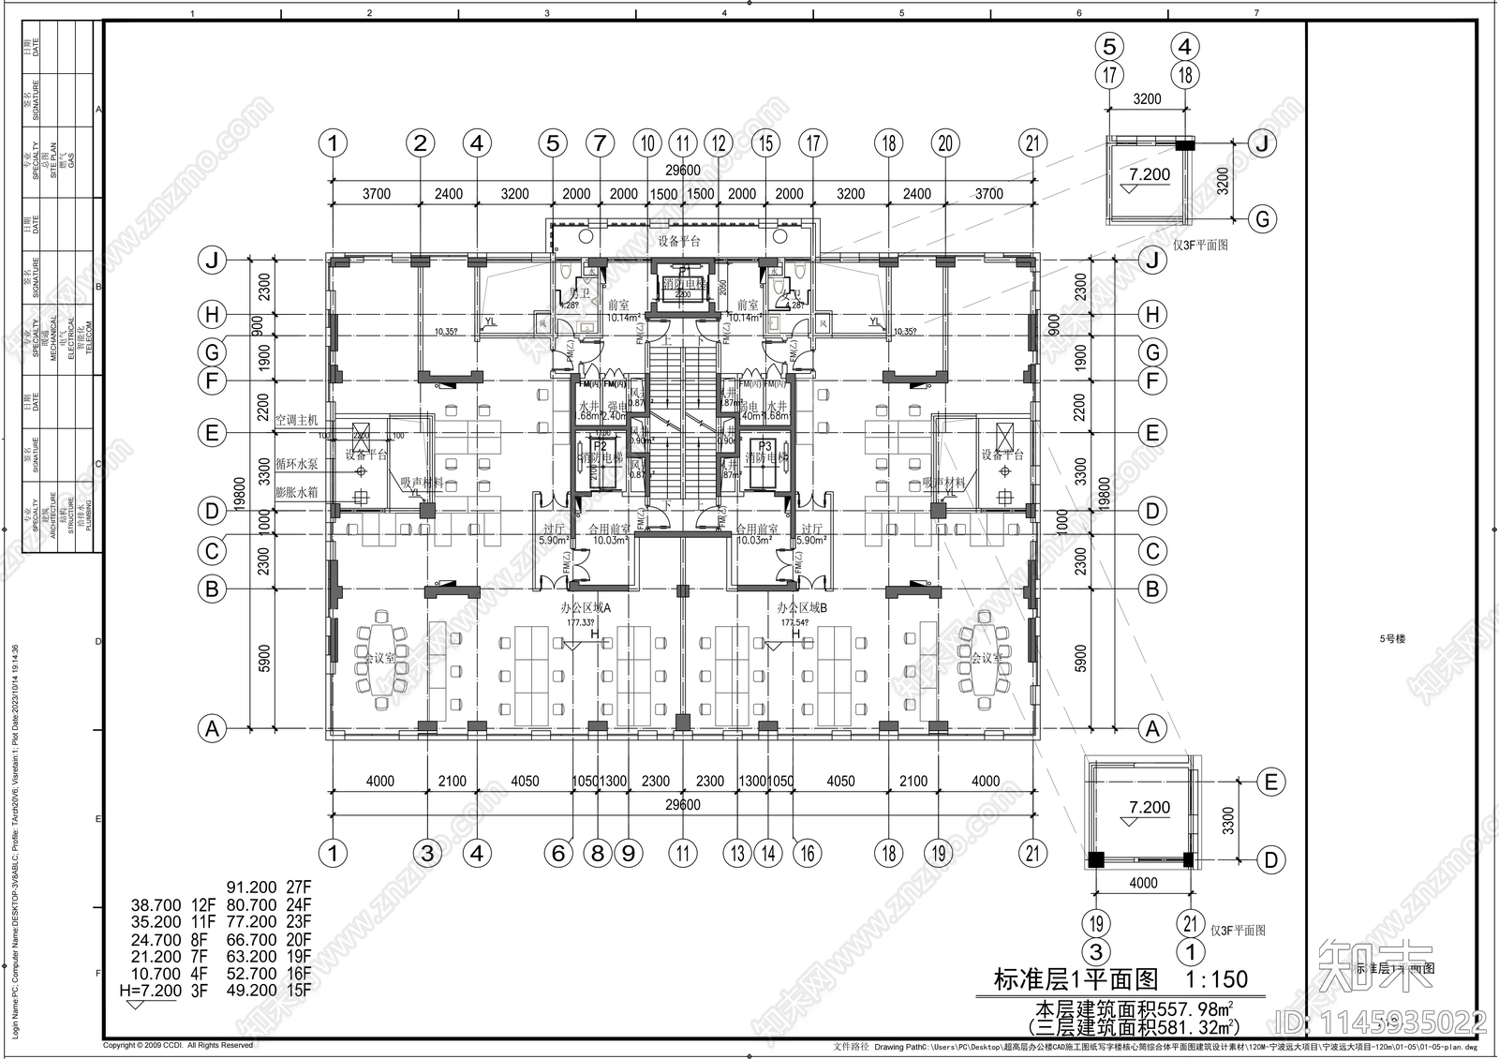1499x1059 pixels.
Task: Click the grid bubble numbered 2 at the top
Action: [420, 143]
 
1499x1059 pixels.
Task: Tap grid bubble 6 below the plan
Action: [558, 853]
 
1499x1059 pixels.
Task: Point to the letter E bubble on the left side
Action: [213, 433]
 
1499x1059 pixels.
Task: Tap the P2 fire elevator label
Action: [600, 446]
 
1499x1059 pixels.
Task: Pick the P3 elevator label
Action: [765, 446]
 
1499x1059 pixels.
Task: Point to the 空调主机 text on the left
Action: [297, 420]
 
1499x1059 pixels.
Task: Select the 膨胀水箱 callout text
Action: [297, 491]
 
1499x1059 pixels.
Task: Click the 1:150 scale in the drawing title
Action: [1216, 979]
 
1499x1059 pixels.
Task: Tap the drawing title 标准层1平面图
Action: [1076, 979]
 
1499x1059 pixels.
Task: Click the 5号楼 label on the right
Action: [1391, 639]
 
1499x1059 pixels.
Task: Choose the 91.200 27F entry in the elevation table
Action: [268, 887]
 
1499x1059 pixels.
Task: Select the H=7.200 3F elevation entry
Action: [167, 990]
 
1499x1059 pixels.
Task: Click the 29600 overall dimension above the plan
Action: [682, 171]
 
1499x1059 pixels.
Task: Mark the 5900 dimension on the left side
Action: [264, 658]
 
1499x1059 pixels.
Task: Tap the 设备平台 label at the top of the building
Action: [679, 241]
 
